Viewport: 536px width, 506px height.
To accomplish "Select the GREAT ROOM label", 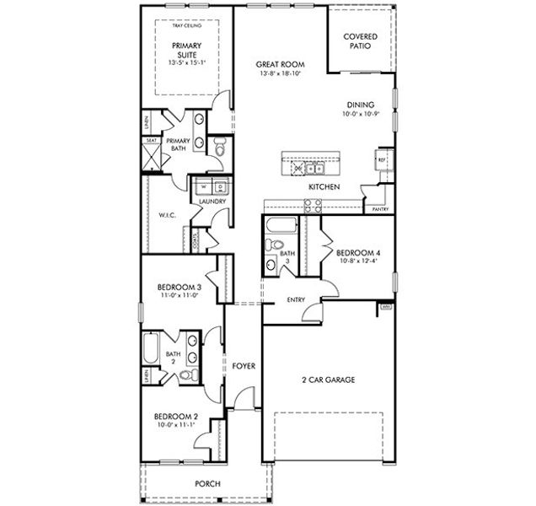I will tap(281, 65).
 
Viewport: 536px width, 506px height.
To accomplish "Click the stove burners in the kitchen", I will tap(313, 204).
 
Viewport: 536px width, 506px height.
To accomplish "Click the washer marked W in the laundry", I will tap(203, 186).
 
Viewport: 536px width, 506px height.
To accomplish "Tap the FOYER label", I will tap(244, 365).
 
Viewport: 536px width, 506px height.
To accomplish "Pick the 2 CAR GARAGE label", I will tap(329, 379).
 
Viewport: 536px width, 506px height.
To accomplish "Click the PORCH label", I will tap(207, 483).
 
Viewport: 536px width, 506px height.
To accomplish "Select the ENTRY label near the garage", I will tap(296, 299).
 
